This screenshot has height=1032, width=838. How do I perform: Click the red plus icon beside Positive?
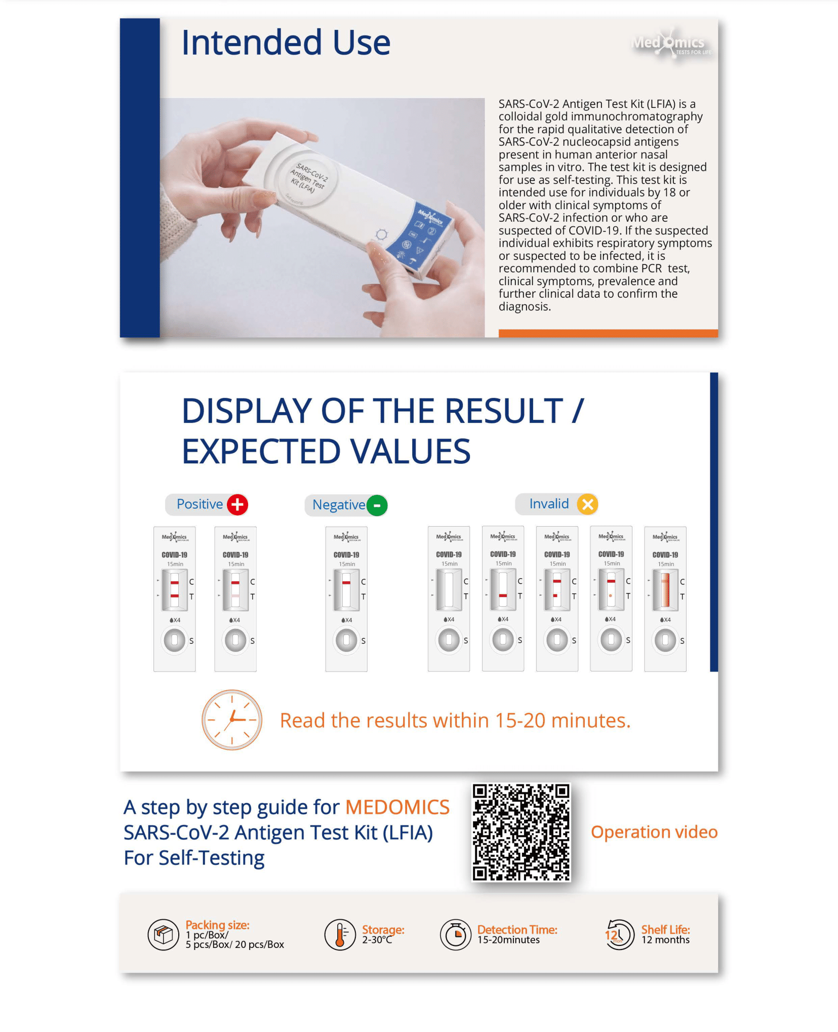[237, 504]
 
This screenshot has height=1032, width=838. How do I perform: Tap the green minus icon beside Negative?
[377, 505]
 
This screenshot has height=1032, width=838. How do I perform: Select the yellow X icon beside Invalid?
[587, 504]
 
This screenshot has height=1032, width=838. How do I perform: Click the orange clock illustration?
[232, 720]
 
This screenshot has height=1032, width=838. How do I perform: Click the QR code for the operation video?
[521, 832]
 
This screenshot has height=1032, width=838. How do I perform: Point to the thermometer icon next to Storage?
[340, 934]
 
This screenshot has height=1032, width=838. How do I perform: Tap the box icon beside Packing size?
[163, 934]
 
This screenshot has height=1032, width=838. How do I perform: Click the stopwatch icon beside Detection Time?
[456, 935]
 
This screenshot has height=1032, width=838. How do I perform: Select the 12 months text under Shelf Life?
[665, 940]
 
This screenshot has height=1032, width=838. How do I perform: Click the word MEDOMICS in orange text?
[397, 807]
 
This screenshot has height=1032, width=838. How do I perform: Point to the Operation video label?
[654, 832]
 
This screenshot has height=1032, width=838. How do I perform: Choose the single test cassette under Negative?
[346, 599]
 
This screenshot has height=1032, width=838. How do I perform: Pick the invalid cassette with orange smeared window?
[665, 599]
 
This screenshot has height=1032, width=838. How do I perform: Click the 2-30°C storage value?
[377, 940]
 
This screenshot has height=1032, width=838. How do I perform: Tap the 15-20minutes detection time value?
[508, 940]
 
